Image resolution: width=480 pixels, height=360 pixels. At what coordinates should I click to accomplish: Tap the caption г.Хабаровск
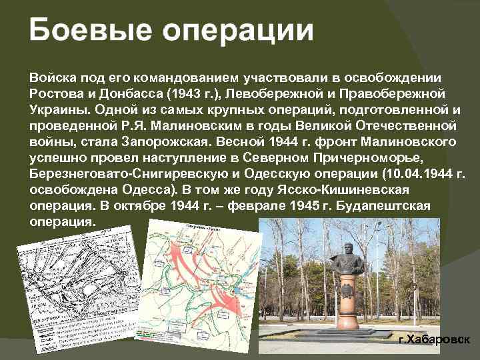(434, 340)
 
